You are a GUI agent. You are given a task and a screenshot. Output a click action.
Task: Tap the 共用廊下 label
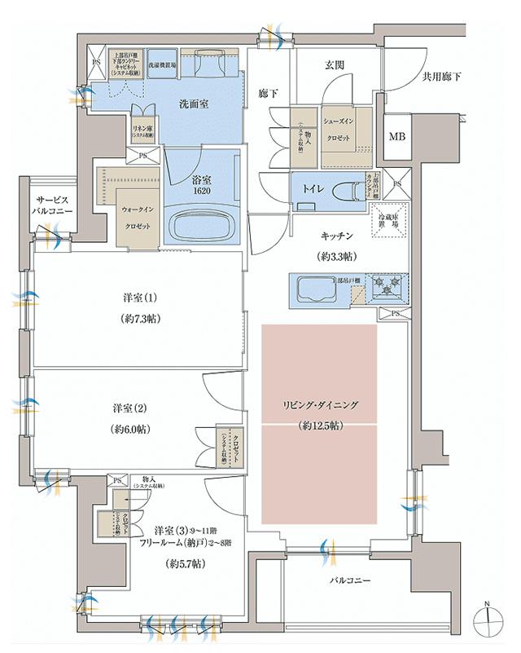[441, 77]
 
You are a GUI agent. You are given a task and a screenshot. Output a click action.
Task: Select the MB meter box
[396, 137]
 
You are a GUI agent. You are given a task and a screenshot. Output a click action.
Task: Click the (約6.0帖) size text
[135, 428]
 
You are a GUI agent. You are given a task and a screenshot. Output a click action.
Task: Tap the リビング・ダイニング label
[321, 405]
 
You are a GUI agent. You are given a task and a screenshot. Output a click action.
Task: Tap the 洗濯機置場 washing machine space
[164, 62]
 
